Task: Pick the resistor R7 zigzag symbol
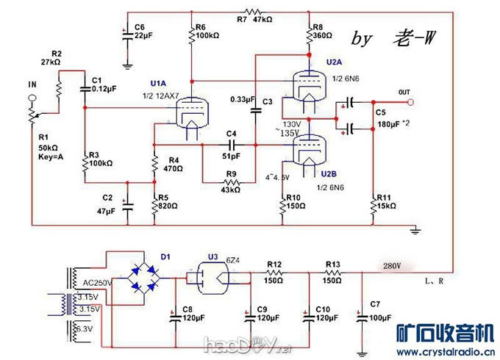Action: (x=253, y=12)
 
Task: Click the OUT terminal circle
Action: (x=412, y=102)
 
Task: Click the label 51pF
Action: (x=231, y=156)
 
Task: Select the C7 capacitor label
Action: (x=375, y=303)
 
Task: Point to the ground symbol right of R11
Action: (x=415, y=231)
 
